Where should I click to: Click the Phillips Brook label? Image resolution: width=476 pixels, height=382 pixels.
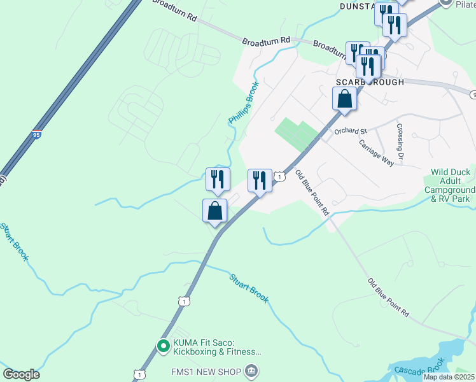[244, 103]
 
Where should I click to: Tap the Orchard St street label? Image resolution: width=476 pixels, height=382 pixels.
[351, 131]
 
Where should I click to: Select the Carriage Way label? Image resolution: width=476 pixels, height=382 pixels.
[377, 153]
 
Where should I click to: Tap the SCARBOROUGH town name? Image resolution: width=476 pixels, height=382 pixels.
[370, 83]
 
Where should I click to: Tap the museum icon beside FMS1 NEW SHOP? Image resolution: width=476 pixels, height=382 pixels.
[251, 371]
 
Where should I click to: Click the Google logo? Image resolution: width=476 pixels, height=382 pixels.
[21, 374]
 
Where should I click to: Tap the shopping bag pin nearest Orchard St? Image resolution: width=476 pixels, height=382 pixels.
[344, 99]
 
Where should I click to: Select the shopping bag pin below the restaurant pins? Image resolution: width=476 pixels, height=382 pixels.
[214, 210]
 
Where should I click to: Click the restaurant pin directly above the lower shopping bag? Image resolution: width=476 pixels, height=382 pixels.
[218, 180]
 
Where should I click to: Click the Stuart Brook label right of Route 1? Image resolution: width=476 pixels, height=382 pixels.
[249, 287]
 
